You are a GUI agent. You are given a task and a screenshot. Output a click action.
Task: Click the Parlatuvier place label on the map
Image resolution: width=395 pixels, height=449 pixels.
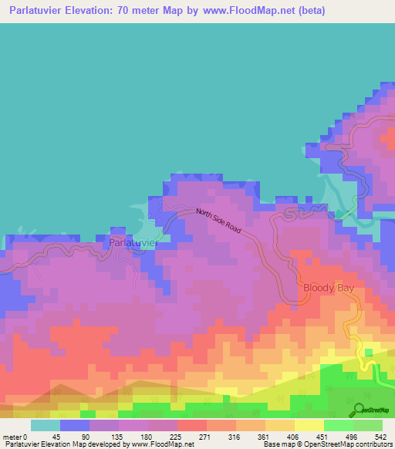click(x=133, y=242)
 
